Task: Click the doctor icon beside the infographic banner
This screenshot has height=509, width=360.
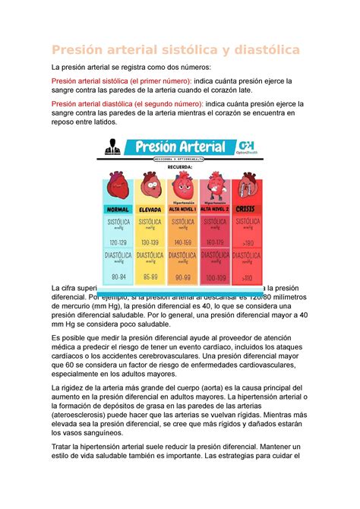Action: (112, 147)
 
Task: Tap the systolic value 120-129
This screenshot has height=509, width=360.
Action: (118, 241)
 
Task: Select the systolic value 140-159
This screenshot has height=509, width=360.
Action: (182, 241)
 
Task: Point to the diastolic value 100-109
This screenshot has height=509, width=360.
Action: (213, 277)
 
